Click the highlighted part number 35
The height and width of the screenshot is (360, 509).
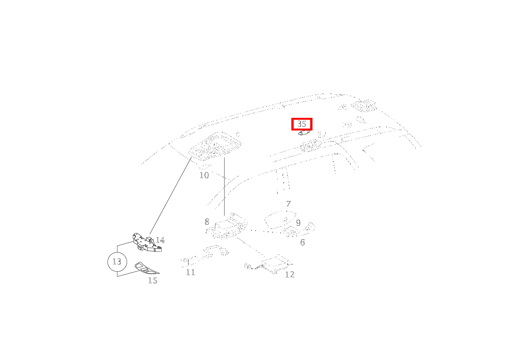click(302, 124)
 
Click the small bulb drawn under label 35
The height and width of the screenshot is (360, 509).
click(304, 133)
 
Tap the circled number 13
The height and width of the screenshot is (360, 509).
click(117, 262)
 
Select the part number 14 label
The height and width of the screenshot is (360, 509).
click(160, 240)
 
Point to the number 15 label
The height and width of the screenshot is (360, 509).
click(153, 281)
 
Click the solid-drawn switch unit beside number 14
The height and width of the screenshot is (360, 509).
click(147, 243)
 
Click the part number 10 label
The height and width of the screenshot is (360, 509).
click(204, 175)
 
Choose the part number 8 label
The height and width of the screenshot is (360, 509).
click(207, 222)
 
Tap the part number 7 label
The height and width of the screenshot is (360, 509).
click(288, 204)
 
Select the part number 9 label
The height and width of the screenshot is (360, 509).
click(298, 223)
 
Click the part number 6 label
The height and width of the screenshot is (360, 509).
click(302, 243)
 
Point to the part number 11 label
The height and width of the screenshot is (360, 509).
click(191, 272)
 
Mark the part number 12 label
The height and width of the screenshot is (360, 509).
click(289, 274)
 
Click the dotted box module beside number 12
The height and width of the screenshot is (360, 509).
click(275, 264)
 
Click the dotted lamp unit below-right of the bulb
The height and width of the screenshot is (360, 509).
click(311, 146)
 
